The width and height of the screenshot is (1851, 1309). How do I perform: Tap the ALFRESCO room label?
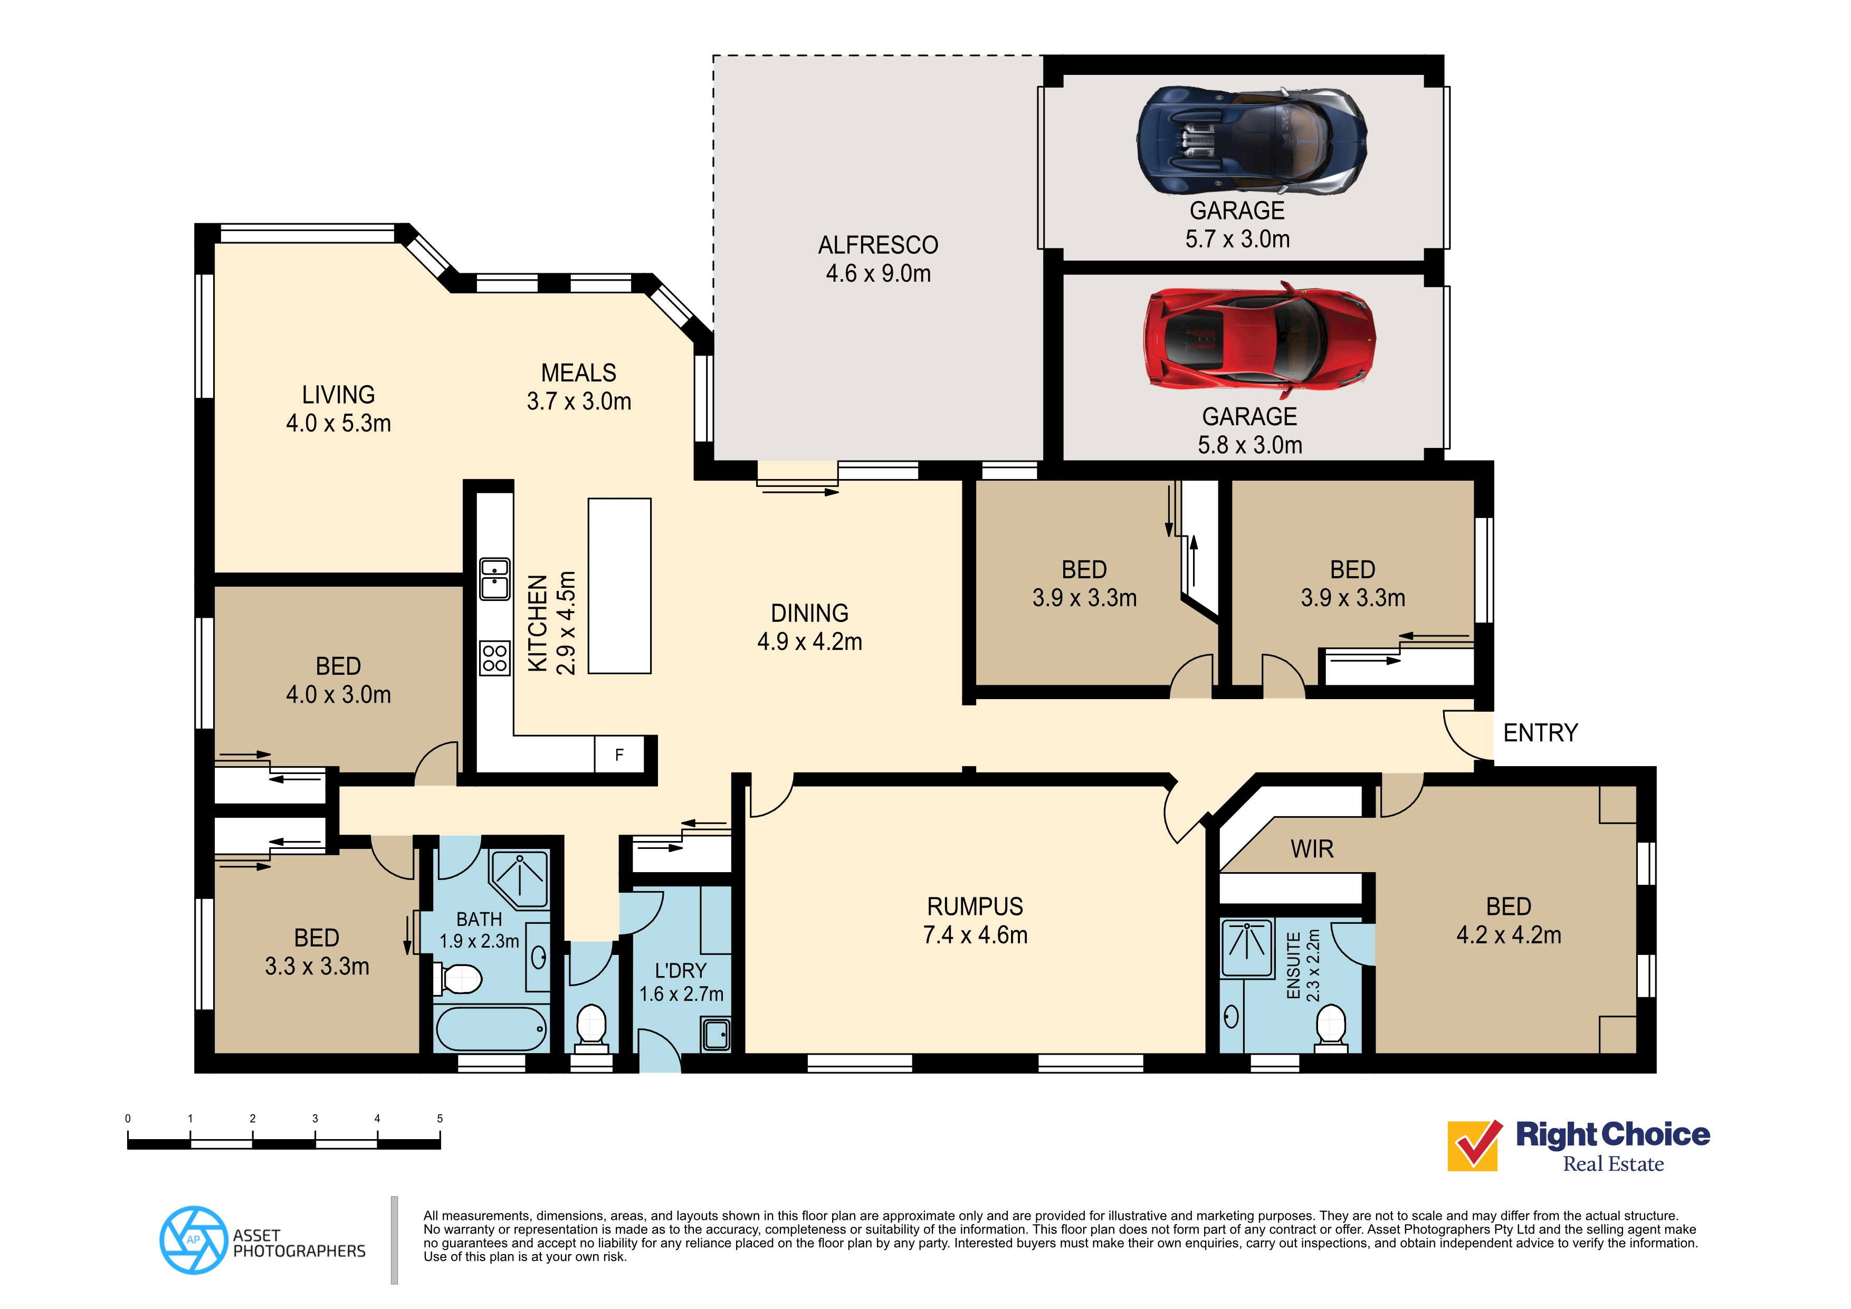878,245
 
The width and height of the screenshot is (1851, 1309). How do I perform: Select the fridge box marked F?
619,755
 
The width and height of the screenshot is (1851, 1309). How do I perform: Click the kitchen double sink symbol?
495,579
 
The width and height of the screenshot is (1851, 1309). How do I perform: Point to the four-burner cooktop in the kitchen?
495,658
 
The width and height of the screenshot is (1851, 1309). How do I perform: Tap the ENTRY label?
1540,733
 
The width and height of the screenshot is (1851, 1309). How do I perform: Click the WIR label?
1312,849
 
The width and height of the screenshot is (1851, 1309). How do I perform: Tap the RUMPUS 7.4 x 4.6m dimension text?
975,935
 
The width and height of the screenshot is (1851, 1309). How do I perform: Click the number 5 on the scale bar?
440,1119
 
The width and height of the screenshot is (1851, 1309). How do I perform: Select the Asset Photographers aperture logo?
194,1240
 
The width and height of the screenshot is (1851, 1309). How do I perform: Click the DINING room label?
809,614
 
